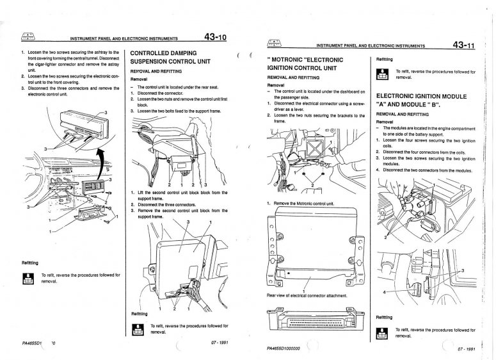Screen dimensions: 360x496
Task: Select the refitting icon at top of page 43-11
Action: coord(383,74)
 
